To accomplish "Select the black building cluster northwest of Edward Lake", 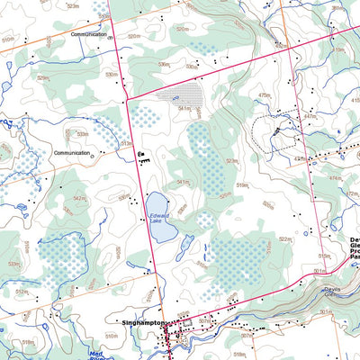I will (142, 157).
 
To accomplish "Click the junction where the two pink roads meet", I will (129, 97).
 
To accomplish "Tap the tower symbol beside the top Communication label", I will (109, 37).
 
